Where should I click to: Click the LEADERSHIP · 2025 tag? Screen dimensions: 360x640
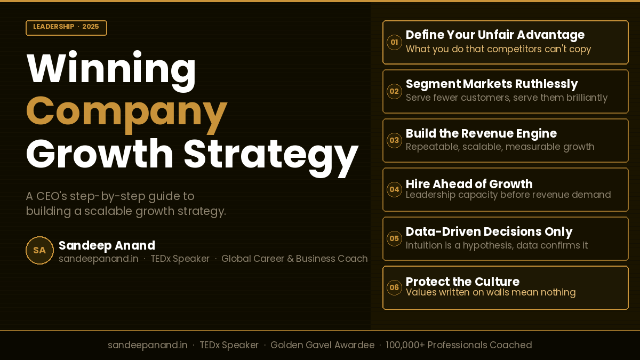click(66, 27)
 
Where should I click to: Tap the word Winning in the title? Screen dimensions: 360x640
click(111, 69)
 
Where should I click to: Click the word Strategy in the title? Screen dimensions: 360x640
click(270, 154)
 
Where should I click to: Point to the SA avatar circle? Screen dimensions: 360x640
click(39, 250)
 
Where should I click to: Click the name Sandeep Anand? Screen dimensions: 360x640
click(107, 245)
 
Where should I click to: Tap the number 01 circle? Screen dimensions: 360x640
click(394, 42)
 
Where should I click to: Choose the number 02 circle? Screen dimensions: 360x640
click(394, 91)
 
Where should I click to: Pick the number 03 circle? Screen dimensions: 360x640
click(394, 140)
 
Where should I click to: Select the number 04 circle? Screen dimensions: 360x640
click(394, 189)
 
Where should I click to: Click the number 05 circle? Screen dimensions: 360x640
click(394, 238)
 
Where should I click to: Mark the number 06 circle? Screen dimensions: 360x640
click(394, 287)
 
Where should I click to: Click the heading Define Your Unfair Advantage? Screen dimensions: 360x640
click(495, 35)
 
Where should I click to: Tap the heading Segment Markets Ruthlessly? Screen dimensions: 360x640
click(492, 84)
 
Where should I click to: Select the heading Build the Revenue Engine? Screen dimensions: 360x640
click(481, 133)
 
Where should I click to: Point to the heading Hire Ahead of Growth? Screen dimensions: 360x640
click(469, 184)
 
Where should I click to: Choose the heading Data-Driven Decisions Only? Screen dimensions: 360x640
click(489, 231)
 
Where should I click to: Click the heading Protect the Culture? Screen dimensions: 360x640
click(462, 282)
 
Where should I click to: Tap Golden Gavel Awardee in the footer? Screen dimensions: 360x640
click(322, 345)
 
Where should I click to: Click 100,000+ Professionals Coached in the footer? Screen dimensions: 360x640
click(459, 345)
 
